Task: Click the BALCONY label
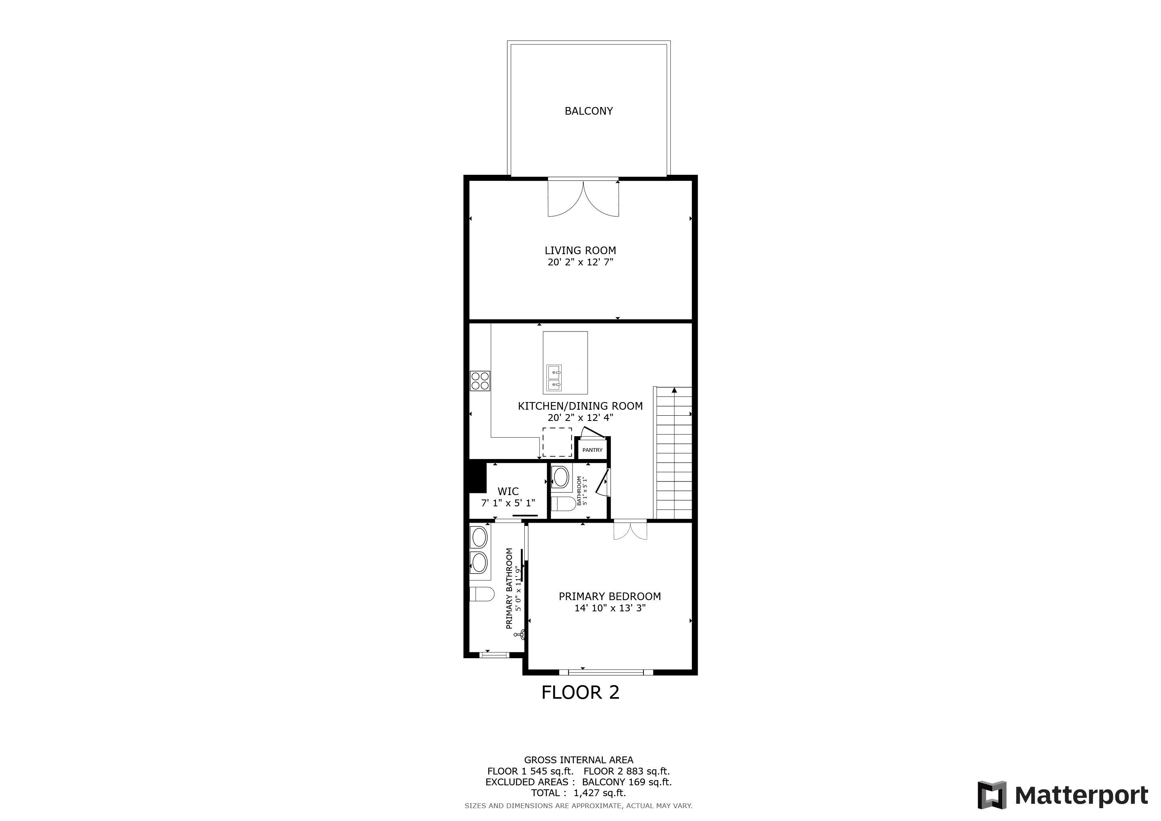[x=589, y=111]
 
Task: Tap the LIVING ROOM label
[x=580, y=250]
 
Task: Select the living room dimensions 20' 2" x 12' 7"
[x=580, y=262]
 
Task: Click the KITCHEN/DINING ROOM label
[x=580, y=406]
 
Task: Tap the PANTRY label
[x=592, y=450]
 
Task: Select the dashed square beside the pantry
[x=557, y=442]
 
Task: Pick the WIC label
[x=508, y=491]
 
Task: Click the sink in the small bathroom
[x=561, y=477]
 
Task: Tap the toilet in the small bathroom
[x=562, y=504]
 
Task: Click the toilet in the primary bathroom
[x=481, y=594]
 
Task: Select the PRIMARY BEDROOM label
[x=609, y=597]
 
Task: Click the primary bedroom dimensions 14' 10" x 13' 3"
[x=609, y=608]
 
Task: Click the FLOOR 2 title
[x=580, y=693]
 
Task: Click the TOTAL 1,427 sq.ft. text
[x=578, y=793]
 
